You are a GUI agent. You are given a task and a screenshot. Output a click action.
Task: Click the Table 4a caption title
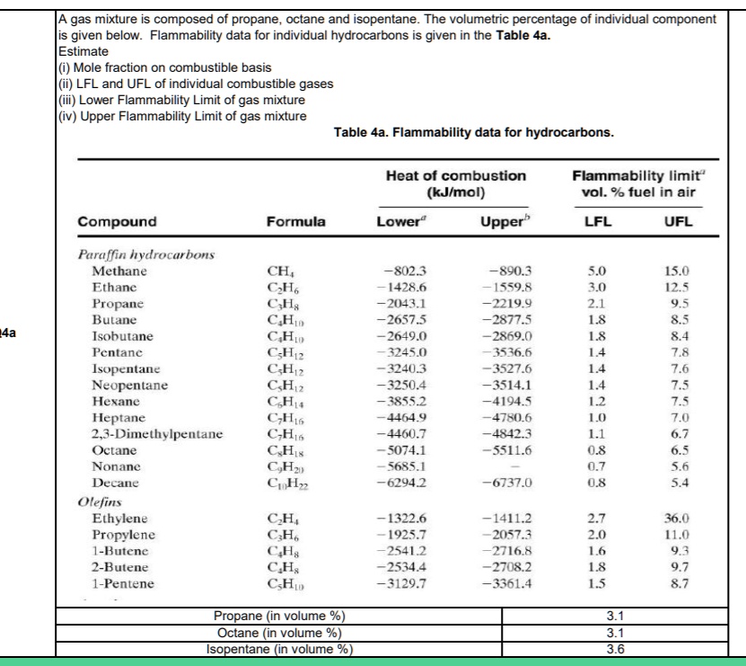click(x=473, y=133)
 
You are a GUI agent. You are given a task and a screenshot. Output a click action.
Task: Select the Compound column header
click(x=117, y=221)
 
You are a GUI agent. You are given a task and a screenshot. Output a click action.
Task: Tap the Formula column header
click(x=295, y=221)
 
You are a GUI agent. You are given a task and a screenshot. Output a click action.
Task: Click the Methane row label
click(x=120, y=270)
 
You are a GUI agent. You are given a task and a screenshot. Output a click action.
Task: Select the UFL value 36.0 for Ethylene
click(x=675, y=519)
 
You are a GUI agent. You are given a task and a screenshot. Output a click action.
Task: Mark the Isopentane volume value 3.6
click(x=615, y=651)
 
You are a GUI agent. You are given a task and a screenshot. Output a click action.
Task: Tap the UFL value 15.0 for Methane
click(x=675, y=270)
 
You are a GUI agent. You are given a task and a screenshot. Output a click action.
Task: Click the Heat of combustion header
click(x=450, y=177)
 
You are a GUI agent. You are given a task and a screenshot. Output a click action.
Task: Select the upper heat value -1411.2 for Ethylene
click(x=508, y=519)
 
